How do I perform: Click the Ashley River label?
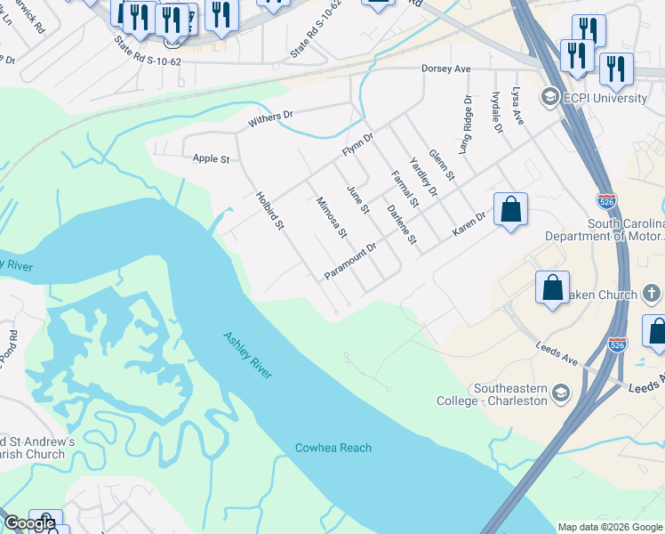point(247,354)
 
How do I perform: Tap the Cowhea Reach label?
point(333,448)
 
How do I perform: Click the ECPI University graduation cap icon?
point(550,97)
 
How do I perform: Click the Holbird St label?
point(268,212)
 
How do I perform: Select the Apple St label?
point(212,159)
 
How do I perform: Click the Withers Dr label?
point(270,116)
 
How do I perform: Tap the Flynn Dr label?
point(358,145)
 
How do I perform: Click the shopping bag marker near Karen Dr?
point(510,211)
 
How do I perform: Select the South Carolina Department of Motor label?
point(613,230)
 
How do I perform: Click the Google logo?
point(29,523)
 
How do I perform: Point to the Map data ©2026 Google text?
point(609,527)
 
